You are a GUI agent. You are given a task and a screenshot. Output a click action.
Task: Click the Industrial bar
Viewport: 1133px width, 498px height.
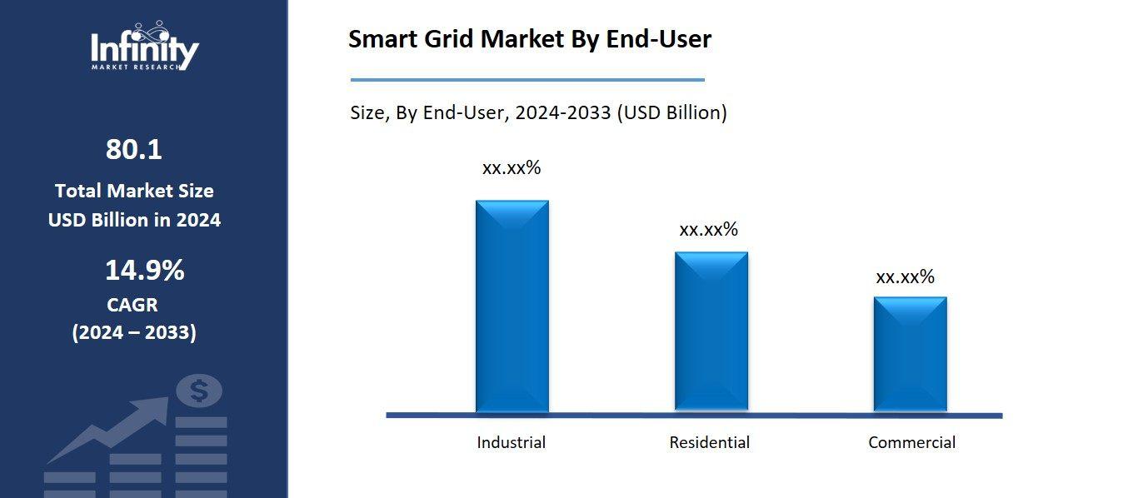(512, 306)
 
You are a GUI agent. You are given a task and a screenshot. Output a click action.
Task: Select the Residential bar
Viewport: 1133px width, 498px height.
(711, 331)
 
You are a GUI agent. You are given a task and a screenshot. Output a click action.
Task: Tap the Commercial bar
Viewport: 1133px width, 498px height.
(910, 354)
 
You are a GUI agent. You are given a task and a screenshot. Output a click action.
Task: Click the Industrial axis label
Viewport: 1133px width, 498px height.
(511, 442)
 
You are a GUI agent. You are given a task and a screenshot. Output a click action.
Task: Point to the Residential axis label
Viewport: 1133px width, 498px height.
(709, 442)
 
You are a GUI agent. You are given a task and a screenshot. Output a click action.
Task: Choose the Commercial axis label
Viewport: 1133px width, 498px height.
(911, 442)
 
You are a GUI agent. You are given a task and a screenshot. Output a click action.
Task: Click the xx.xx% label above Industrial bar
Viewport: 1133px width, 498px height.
(512, 167)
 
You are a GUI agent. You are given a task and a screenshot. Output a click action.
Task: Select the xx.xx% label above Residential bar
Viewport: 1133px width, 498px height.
(708, 229)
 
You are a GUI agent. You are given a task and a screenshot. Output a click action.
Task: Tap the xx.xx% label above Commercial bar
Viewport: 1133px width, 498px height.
(905, 276)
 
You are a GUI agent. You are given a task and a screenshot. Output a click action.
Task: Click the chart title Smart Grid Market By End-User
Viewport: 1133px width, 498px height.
(529, 39)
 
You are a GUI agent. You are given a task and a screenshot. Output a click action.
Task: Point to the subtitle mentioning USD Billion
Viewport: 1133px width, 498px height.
(538, 112)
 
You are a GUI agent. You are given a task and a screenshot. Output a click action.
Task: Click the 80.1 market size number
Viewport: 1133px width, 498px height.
(133, 150)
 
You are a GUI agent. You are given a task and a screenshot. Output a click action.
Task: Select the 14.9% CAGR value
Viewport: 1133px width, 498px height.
(144, 271)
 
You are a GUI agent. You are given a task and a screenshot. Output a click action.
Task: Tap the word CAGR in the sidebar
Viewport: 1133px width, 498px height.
(132, 305)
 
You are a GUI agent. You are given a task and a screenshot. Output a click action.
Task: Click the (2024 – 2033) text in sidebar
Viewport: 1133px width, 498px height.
(134, 333)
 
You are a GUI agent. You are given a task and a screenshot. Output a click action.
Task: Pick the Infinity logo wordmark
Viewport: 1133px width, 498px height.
(144, 49)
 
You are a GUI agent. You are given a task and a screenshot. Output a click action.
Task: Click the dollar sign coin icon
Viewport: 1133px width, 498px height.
(199, 391)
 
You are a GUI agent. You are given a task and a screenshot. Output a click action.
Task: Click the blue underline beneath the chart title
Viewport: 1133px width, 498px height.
(527, 80)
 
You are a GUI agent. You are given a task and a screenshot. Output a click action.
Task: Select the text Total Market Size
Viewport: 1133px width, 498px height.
(134, 191)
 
